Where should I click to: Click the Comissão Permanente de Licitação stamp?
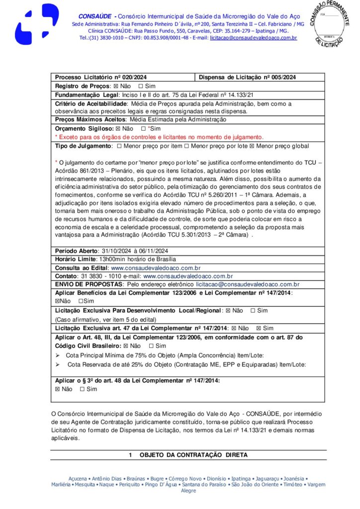332,24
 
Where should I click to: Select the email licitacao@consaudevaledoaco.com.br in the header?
253,38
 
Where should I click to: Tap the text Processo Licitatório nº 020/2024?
100,78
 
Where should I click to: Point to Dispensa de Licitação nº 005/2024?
247,78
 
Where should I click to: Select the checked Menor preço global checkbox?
252,146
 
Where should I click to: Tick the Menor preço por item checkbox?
120,146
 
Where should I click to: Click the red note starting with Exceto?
159,137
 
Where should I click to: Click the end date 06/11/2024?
152,251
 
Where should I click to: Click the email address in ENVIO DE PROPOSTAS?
248,284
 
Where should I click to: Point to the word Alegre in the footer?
188,491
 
